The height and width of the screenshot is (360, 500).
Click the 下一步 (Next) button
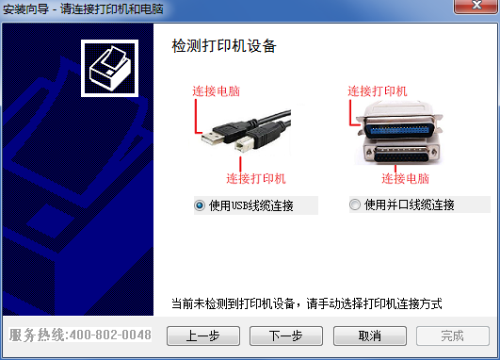[x=286, y=335]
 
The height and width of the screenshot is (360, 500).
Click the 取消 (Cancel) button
[x=370, y=335]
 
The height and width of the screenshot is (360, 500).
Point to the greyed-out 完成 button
[x=453, y=335]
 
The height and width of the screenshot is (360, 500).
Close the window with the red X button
[x=476, y=6]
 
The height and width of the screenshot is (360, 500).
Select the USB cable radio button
[x=200, y=205]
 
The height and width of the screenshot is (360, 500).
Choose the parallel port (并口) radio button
[x=355, y=205]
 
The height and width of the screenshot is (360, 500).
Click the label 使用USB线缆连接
[x=251, y=205]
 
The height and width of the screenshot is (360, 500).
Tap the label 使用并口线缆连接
[x=410, y=205]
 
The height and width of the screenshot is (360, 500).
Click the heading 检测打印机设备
[x=224, y=46]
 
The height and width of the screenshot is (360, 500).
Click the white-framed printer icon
[x=109, y=68]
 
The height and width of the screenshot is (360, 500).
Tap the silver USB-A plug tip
[x=212, y=138]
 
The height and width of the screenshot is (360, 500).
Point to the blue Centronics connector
[x=398, y=130]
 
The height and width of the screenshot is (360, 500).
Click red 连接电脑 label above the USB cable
[x=216, y=91]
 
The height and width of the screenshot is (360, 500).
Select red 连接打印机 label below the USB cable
[x=256, y=178]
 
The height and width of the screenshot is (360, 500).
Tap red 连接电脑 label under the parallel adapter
[x=405, y=178]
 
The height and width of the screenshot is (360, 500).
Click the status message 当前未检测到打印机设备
[x=233, y=303]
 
